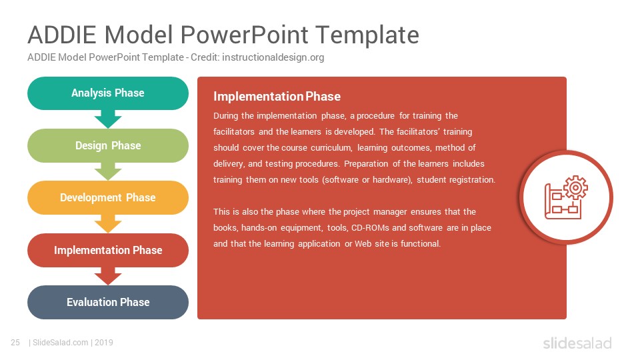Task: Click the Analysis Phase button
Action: pos(108,93)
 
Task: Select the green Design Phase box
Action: pos(108,146)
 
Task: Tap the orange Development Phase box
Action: pos(108,197)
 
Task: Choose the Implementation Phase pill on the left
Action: pos(108,250)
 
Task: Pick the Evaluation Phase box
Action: pos(108,302)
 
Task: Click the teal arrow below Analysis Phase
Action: pos(108,119)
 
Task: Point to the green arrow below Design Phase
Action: pos(108,171)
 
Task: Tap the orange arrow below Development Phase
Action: pos(108,224)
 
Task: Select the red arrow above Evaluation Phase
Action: pos(108,276)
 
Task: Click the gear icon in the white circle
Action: pos(575,188)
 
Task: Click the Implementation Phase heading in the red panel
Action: pos(277,96)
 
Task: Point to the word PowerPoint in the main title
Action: pos(244,35)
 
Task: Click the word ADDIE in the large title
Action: pos(61,35)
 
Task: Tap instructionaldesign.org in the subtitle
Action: pos(273,57)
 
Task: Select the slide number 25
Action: pos(15,343)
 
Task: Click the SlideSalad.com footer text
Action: pos(61,343)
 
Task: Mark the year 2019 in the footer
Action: pos(104,343)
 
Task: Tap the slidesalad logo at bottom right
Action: pos(577,343)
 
